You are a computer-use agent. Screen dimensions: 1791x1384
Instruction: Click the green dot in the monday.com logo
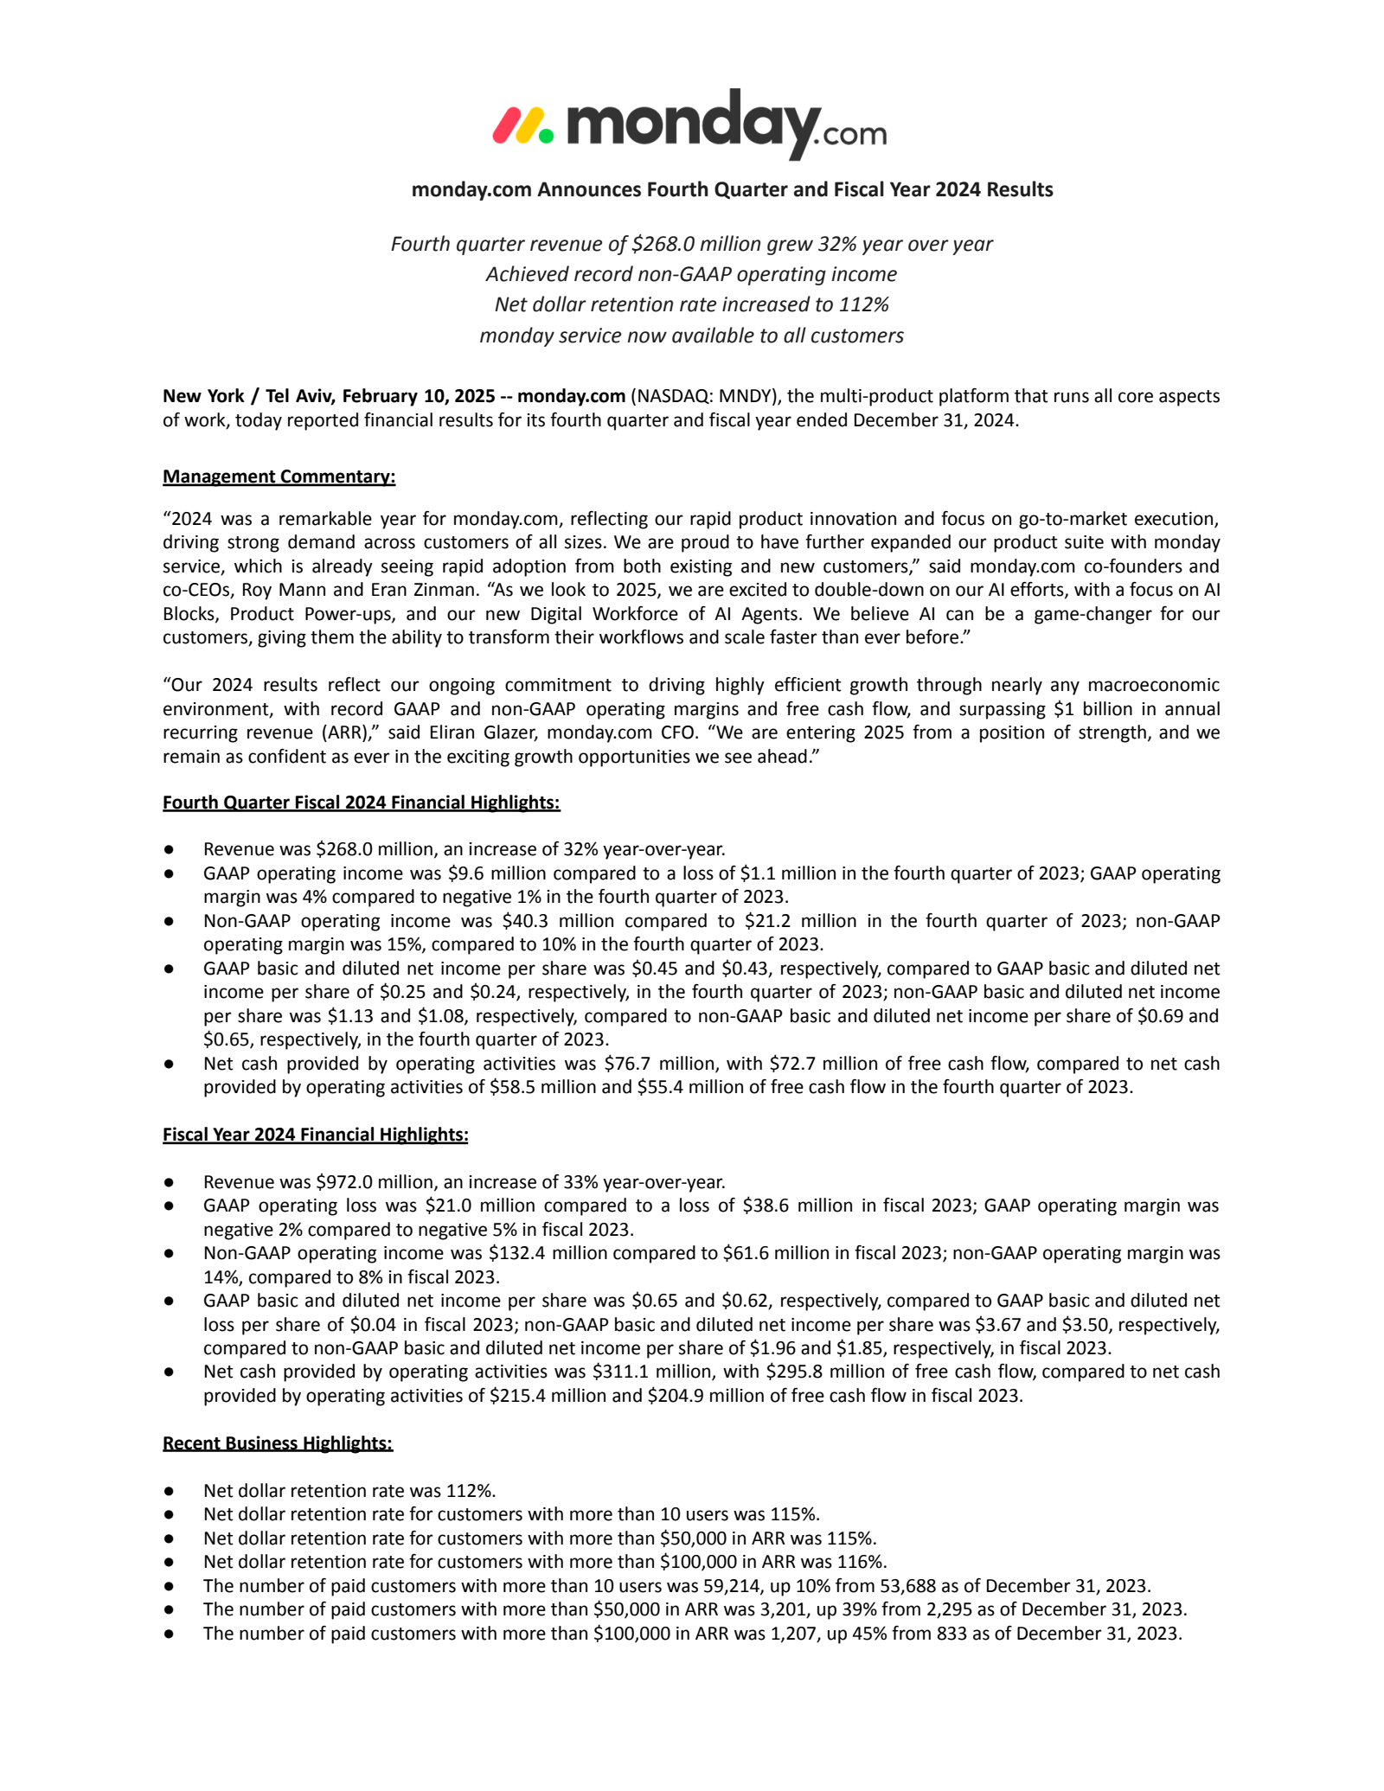[x=545, y=135]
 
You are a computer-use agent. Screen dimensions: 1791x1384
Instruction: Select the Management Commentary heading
[x=279, y=477]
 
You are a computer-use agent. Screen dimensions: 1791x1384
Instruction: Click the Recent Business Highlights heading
[x=277, y=1442]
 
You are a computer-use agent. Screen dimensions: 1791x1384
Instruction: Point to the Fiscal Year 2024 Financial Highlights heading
[x=315, y=1134]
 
